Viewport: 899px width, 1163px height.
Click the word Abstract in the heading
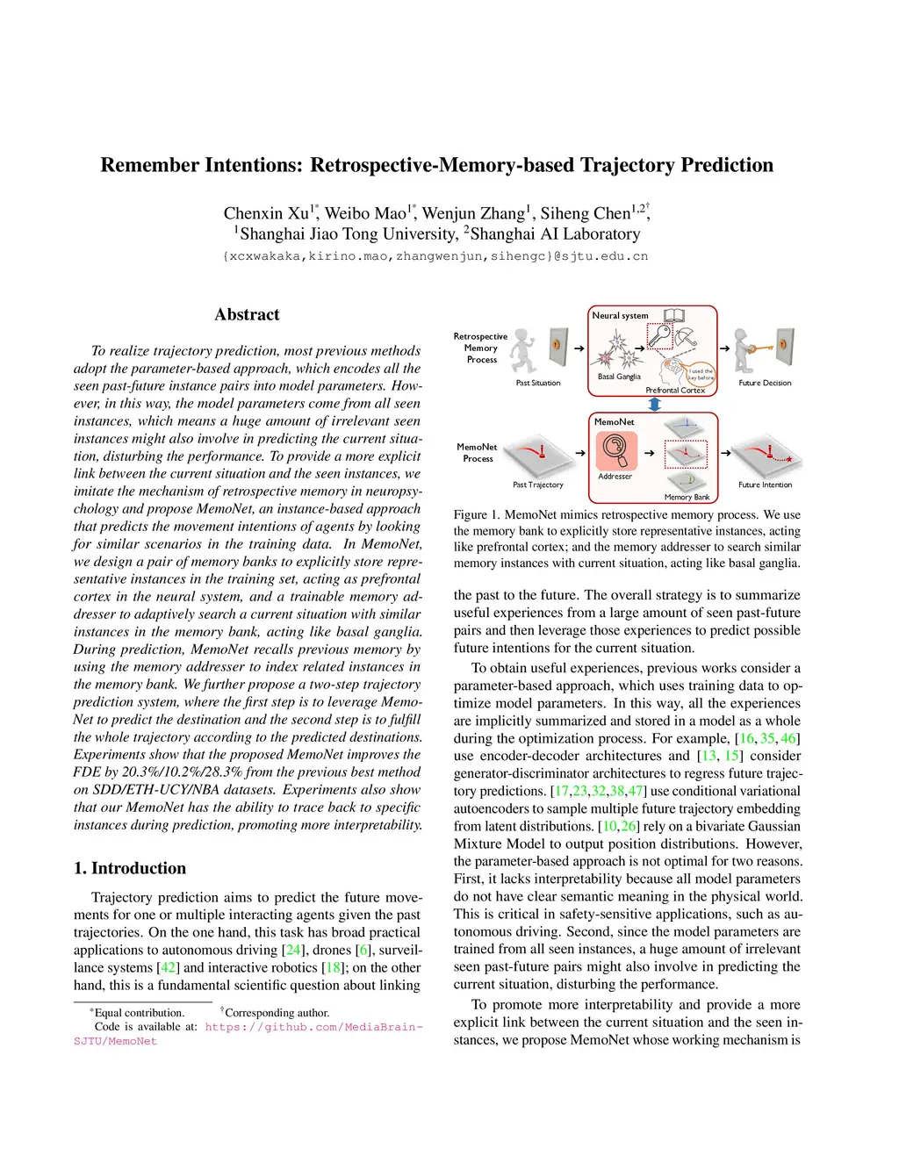pyautogui.click(x=247, y=314)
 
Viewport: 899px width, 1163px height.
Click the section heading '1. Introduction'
pyautogui.click(x=130, y=868)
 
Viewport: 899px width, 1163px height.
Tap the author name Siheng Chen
pyautogui.click(x=586, y=213)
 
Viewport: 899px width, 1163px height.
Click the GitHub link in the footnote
pyautogui.click(x=313, y=1027)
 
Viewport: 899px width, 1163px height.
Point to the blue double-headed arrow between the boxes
pyautogui.click(x=654, y=404)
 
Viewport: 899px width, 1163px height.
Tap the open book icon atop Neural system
pyautogui.click(x=674, y=316)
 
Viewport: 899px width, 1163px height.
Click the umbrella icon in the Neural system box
pyautogui.click(x=686, y=337)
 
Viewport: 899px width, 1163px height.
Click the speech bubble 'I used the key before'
pyautogui.click(x=701, y=374)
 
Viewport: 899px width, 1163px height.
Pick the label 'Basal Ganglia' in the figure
pyautogui.click(x=619, y=377)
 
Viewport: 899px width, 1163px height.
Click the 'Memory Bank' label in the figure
pyautogui.click(x=687, y=497)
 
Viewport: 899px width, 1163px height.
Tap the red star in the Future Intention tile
pyautogui.click(x=789, y=460)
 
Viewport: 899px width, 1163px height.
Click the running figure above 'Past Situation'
pyautogui.click(x=524, y=350)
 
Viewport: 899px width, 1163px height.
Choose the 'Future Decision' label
pyautogui.click(x=765, y=383)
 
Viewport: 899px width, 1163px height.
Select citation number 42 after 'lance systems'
pyautogui.click(x=167, y=967)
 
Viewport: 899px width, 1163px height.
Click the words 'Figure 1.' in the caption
pyautogui.click(x=476, y=515)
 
